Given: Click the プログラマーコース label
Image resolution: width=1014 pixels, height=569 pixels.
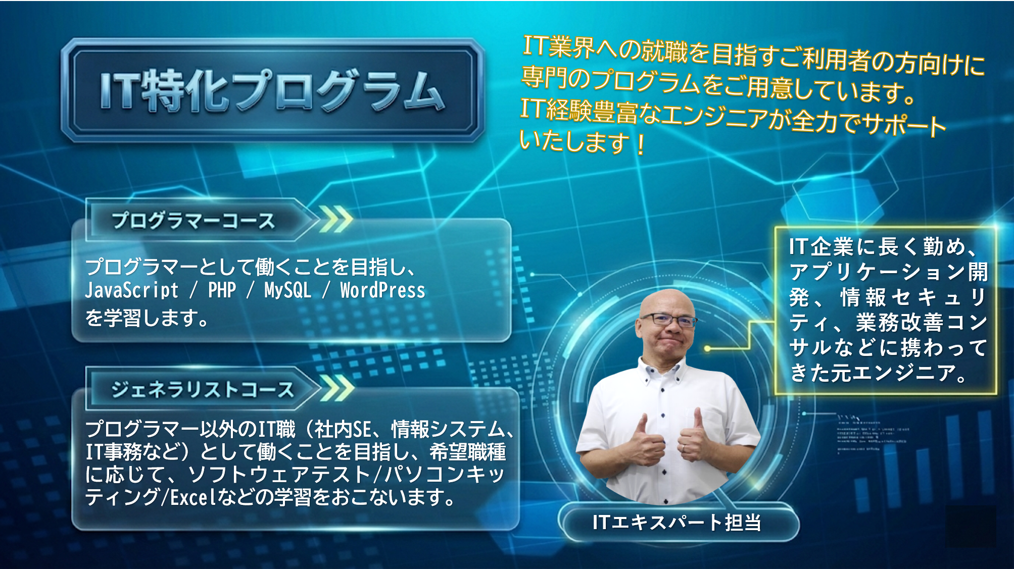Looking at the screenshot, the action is click(193, 221).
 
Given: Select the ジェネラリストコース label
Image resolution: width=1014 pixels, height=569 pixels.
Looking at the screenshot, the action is click(202, 389).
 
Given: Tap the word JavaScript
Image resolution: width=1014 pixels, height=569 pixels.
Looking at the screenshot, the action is click(131, 290).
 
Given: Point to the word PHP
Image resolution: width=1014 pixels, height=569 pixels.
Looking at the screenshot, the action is click(222, 290).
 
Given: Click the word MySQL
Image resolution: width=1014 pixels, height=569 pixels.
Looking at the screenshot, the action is click(287, 290).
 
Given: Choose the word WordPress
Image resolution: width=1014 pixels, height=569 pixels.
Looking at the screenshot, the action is click(382, 290).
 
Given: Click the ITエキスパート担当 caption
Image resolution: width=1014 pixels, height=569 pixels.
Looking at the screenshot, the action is click(677, 522).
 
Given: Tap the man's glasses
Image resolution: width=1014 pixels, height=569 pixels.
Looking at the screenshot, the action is click(668, 320).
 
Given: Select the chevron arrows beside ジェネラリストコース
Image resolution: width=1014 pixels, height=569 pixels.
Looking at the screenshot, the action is click(337, 389).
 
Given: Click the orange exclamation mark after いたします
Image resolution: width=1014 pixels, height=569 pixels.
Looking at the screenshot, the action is click(641, 145).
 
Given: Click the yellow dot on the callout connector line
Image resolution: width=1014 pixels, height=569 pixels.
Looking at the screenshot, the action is click(707, 348).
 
